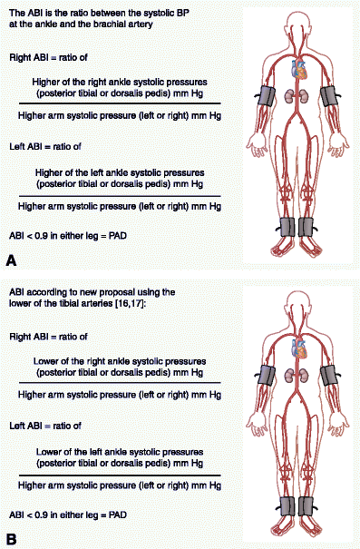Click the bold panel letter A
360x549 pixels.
point(11,260)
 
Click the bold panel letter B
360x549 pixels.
point(11,538)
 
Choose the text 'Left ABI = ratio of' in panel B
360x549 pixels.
point(44,425)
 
